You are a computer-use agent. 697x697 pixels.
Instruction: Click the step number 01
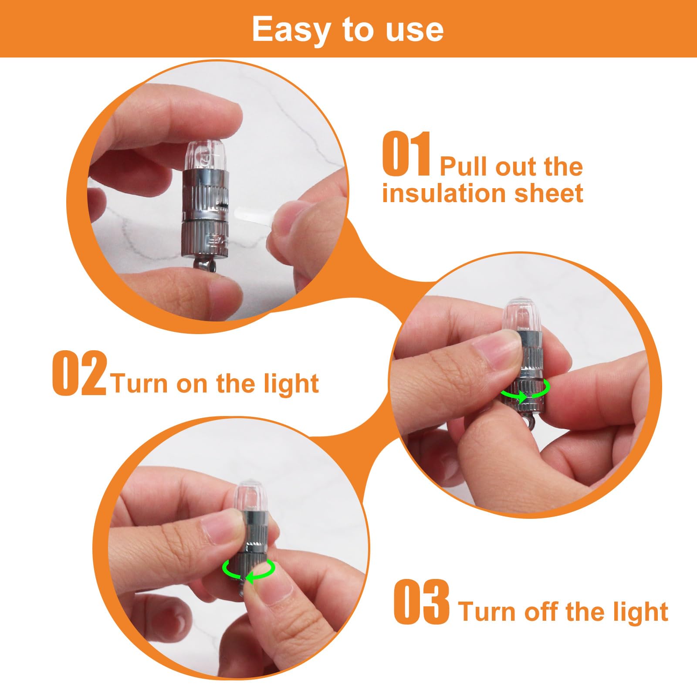click(x=407, y=154)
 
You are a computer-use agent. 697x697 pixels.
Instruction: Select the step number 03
click(x=421, y=602)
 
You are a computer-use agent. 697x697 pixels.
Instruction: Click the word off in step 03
click(x=543, y=612)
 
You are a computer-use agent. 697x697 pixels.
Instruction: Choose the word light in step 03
click(x=641, y=612)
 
